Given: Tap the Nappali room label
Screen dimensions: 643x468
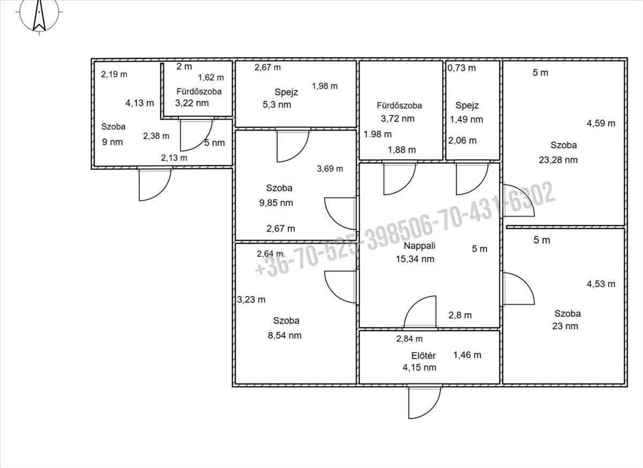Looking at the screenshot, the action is tap(420, 246).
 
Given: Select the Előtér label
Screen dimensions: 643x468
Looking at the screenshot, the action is tap(423, 356).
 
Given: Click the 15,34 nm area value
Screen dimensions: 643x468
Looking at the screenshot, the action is tap(415, 259).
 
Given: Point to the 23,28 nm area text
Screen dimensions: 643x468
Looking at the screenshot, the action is tap(558, 160).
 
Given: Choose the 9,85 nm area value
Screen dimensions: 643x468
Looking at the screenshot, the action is tap(276, 203).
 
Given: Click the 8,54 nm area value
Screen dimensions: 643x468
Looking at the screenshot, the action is tap(285, 336).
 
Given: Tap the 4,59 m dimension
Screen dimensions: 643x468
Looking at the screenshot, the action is tap(601, 123).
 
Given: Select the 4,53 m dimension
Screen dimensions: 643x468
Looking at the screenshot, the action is tap(601, 284).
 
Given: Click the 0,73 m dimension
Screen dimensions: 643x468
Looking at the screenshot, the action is tap(461, 68).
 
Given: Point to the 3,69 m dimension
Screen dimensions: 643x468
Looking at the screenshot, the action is tap(330, 168).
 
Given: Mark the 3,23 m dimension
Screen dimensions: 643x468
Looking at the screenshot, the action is tap(251, 300).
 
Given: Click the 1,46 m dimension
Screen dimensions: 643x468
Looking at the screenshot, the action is tap(467, 355).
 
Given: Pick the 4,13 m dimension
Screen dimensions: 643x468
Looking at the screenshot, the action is tap(139, 103).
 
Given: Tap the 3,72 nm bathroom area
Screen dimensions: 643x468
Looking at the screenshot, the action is tap(398, 118).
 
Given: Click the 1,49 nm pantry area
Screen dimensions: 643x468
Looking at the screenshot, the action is tap(466, 120).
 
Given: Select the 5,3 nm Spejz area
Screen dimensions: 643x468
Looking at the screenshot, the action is tap(276, 105).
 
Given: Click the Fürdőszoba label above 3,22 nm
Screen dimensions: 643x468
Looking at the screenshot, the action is tap(199, 92).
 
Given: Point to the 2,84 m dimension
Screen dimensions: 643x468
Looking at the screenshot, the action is tap(409, 339).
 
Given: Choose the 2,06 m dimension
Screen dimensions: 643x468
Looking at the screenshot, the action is tap(462, 140).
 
